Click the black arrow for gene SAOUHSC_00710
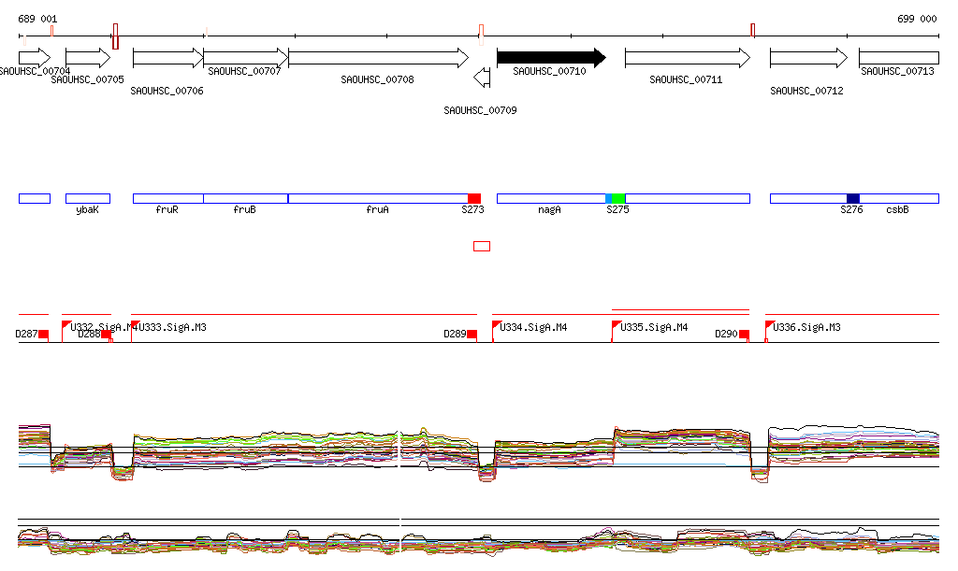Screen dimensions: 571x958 point(550,58)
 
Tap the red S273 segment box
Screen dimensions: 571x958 point(474,198)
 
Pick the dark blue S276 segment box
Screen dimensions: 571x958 point(852,198)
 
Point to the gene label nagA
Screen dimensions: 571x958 point(549,210)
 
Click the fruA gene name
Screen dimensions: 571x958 point(377,210)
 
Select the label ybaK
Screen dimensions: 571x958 point(87,210)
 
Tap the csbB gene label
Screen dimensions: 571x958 point(897,210)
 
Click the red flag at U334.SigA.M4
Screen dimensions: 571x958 point(497,325)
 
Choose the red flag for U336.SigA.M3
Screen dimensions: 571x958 point(770,325)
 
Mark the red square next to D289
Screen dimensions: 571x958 point(472,334)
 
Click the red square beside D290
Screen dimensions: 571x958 point(744,334)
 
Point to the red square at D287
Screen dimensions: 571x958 point(43,334)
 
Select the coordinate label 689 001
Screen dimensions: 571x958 point(37,19)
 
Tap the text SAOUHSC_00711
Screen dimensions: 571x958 point(686,79)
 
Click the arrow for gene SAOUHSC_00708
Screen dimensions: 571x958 point(378,58)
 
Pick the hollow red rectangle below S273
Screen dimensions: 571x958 point(482,246)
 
